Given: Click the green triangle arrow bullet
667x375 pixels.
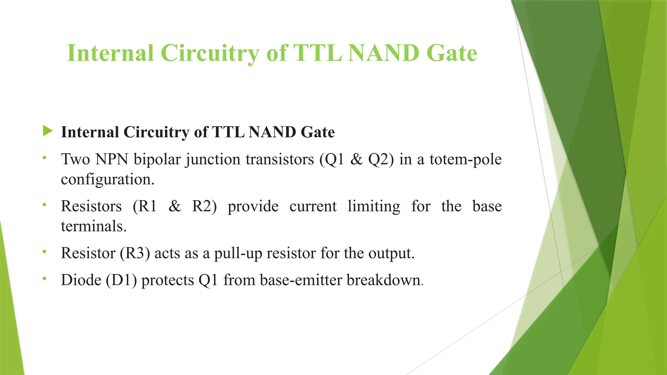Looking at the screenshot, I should coord(48,131).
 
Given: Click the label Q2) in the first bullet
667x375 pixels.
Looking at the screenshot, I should coord(381,160).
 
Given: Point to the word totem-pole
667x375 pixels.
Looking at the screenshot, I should coord(465,160).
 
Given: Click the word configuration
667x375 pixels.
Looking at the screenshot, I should coord(107,179).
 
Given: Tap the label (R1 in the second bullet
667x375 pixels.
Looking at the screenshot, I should coord(145,206).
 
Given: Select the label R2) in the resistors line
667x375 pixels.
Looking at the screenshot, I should coord(204,206).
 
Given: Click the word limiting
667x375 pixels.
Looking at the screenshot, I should coord(374,206).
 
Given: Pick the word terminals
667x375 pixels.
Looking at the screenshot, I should coord(94,226).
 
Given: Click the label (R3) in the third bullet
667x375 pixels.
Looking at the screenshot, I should coord(135,253).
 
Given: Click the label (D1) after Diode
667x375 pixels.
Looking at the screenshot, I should coord(121,280).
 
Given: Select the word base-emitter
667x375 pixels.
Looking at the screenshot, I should coord(301,280).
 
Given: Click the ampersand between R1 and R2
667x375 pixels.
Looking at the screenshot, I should coord(175,206).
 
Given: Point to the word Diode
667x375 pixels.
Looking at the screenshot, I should coord(81,280).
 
